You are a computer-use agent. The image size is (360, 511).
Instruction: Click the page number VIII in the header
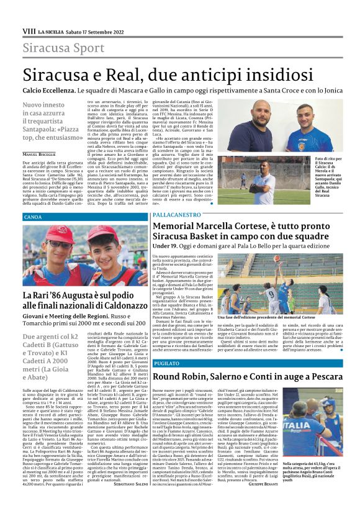click(29, 30)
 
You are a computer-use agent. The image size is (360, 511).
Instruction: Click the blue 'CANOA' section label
click(33, 217)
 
